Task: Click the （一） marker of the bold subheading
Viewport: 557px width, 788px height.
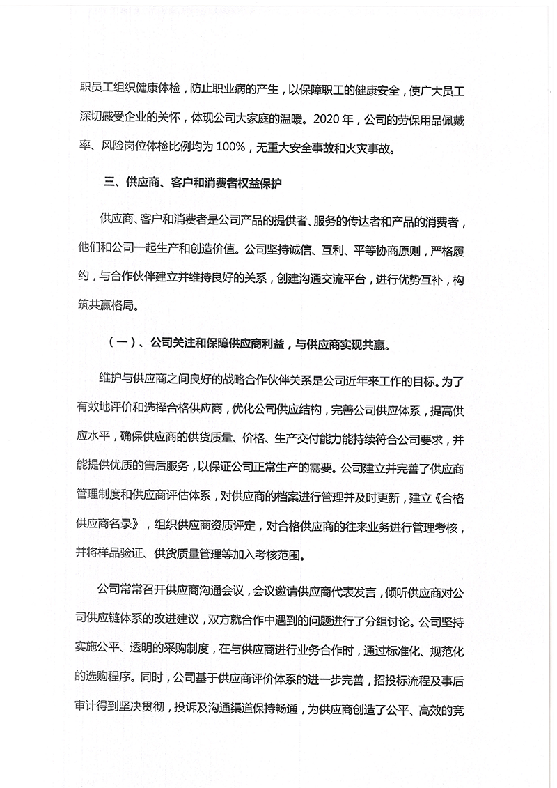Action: click(x=118, y=344)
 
